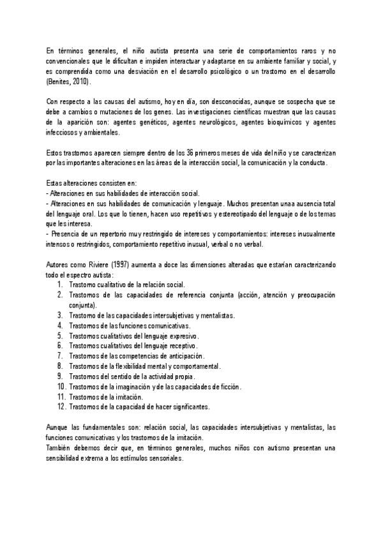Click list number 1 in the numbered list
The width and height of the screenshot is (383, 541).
[59, 284]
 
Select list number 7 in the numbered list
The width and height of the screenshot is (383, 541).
[59, 355]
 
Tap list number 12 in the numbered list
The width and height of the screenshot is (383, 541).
[61, 406]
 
